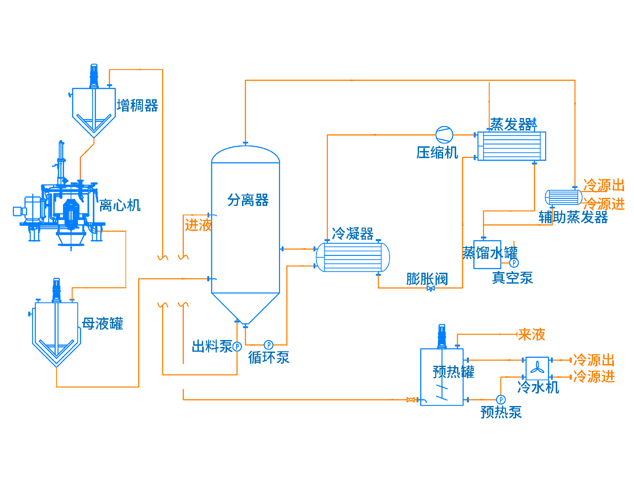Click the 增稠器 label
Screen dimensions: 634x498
137,106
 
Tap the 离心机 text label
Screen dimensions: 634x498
120,205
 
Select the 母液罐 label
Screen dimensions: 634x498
102,324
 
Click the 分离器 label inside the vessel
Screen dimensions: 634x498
248,200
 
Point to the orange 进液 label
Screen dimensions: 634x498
198,225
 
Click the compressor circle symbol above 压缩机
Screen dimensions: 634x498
444,135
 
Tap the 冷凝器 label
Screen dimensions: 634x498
353,233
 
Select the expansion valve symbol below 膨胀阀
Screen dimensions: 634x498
431,289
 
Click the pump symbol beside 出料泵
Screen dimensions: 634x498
237,347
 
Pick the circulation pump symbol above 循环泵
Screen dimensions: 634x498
269,345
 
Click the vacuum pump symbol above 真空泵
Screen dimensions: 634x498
514,263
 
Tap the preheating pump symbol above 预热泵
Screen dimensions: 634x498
501,400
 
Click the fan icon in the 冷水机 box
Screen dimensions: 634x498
537,368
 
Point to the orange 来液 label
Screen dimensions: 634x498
532,334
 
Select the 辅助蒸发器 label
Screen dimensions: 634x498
573,217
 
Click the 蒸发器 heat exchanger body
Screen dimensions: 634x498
511,146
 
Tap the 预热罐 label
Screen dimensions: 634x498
454,372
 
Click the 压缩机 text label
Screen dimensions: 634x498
437,152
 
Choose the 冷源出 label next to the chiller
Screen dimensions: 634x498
594,360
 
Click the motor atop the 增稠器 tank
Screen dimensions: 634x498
94,76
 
